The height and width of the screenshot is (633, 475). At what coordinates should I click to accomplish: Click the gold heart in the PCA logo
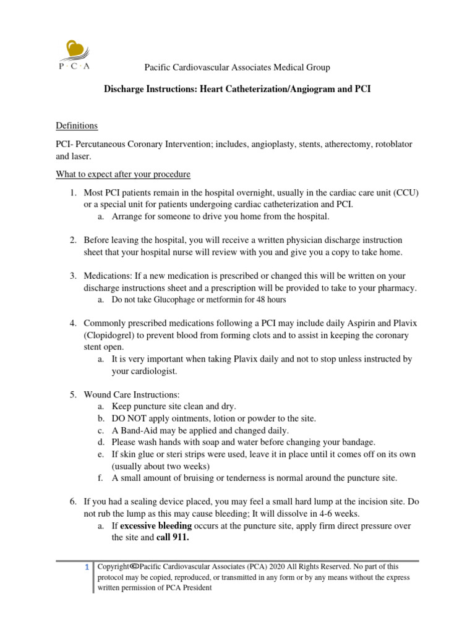click(77, 49)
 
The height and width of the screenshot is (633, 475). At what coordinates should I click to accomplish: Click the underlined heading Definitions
click(77, 125)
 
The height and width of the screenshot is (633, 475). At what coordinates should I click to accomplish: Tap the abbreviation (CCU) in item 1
click(406, 193)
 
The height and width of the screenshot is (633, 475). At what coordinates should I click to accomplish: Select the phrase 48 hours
click(270, 300)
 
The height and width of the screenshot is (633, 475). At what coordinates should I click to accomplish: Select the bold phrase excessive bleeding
click(156, 525)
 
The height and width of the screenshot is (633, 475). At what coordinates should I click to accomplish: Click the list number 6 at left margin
click(72, 501)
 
